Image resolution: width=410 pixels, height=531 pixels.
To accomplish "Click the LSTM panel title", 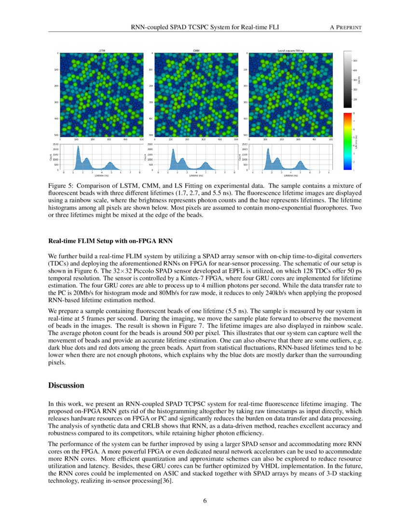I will click(x=101, y=50).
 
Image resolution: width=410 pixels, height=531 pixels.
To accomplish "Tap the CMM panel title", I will click(x=196, y=50).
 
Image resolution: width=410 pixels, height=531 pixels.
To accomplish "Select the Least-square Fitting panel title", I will click(x=291, y=50).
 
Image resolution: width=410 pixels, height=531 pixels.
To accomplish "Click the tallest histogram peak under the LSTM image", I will click(x=78, y=148).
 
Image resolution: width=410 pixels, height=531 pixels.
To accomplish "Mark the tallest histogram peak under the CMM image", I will click(x=173, y=148).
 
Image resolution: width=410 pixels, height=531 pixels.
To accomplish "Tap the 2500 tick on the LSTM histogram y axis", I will click(x=56, y=144).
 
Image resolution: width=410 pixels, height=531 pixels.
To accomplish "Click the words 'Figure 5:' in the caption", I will click(x=60, y=185).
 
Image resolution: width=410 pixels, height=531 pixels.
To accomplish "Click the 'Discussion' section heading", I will click(x=66, y=386).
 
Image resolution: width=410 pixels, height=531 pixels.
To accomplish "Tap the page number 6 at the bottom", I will click(x=205, y=501).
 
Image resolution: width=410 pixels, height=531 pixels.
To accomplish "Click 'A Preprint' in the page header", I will click(x=345, y=28).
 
